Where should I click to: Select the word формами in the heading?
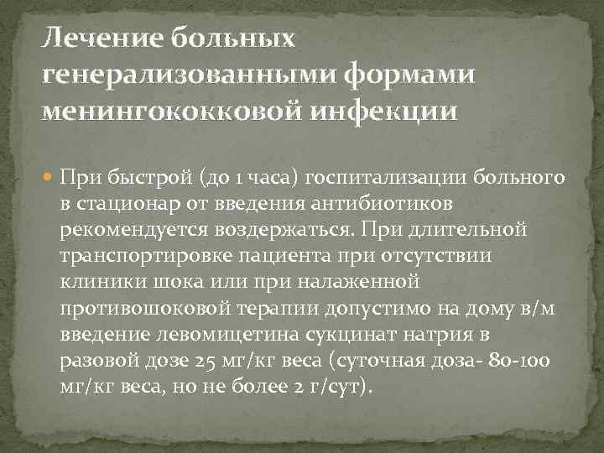[414, 74]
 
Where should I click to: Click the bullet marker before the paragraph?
[49, 178]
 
